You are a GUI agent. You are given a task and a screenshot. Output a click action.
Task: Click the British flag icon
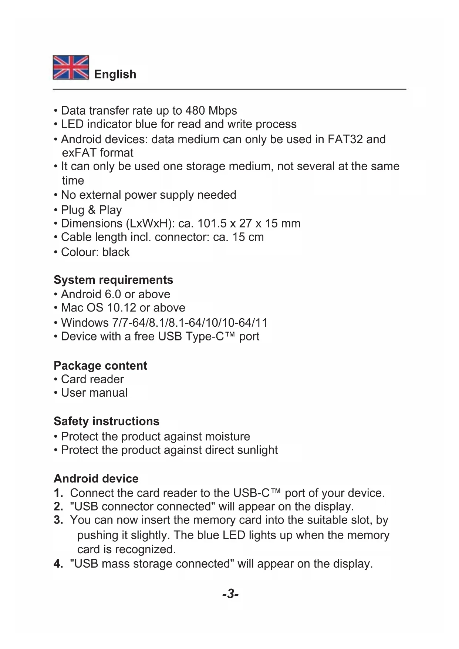point(71,67)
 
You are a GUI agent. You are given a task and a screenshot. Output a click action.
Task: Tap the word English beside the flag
point(115,74)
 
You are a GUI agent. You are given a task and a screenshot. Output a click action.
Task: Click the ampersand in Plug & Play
point(92,210)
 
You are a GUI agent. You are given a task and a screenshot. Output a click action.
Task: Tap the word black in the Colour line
point(116,252)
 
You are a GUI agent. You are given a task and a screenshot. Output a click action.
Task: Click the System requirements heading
point(113,280)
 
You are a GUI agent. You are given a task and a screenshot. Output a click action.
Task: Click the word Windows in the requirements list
point(85,323)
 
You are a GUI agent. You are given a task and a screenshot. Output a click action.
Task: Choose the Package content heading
point(100,366)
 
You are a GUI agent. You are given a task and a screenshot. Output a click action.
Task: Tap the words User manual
point(94,393)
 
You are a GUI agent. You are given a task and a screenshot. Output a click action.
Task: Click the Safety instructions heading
point(107,421)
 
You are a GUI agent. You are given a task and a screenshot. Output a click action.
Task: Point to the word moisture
point(227,437)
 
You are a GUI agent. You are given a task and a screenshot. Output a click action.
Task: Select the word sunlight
point(257,450)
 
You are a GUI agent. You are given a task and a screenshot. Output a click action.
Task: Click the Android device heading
point(96,478)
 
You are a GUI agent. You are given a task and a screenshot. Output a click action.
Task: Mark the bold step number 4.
point(58,564)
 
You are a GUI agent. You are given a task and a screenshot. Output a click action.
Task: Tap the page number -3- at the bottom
point(230,594)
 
